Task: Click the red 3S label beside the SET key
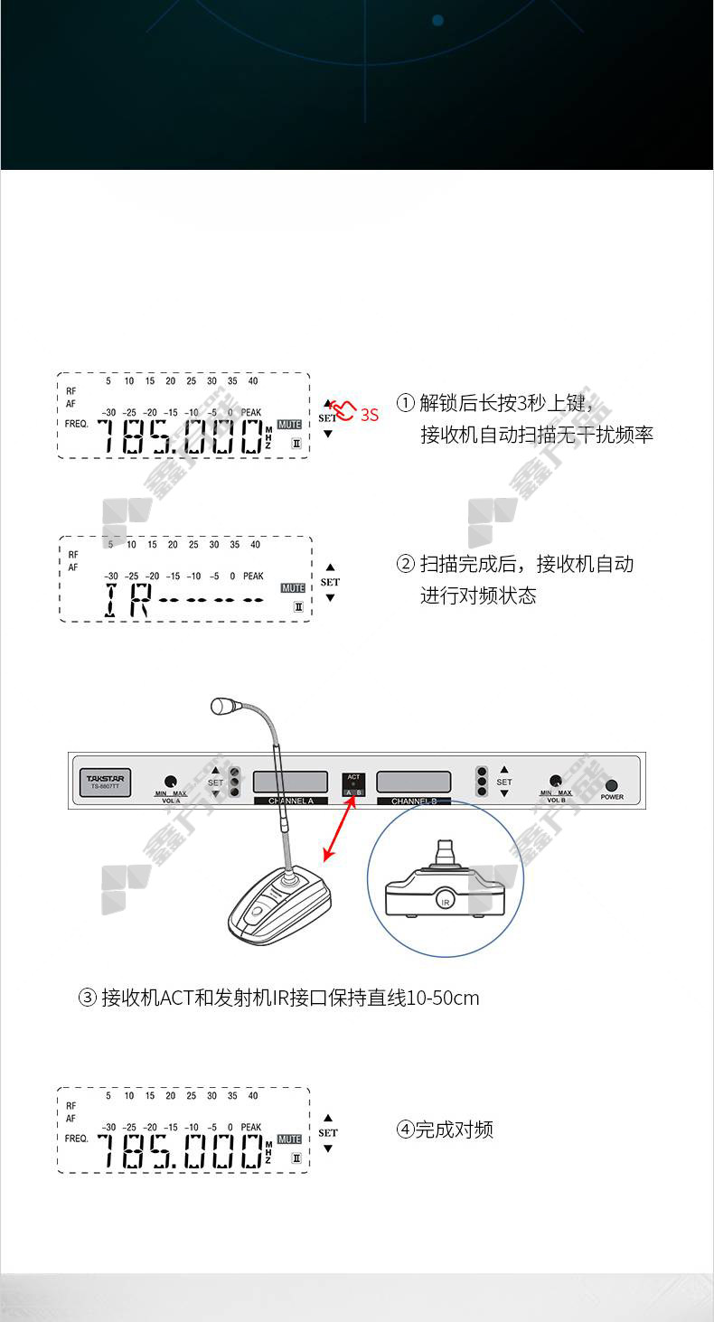pyautogui.click(x=369, y=416)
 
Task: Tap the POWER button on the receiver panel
pyautogui.click(x=612, y=785)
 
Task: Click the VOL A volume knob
pyautogui.click(x=170, y=782)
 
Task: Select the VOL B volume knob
pyautogui.click(x=556, y=782)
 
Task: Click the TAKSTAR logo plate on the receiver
pyautogui.click(x=107, y=782)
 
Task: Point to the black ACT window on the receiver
pyautogui.click(x=353, y=783)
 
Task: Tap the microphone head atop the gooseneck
pyautogui.click(x=223, y=706)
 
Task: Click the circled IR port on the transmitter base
pyautogui.click(x=444, y=900)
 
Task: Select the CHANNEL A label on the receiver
pyautogui.click(x=290, y=801)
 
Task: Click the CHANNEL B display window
pyautogui.click(x=413, y=782)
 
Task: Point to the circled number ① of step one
pyautogui.click(x=406, y=402)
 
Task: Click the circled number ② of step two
pyautogui.click(x=406, y=565)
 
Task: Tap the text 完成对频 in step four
pyautogui.click(x=455, y=1130)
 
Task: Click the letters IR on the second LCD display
pyautogui.click(x=125, y=601)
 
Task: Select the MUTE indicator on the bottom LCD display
pyautogui.click(x=289, y=1139)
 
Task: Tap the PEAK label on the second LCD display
pyautogui.click(x=253, y=576)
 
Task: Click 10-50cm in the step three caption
pyautogui.click(x=443, y=999)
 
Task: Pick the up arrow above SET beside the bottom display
pyautogui.click(x=328, y=1118)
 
